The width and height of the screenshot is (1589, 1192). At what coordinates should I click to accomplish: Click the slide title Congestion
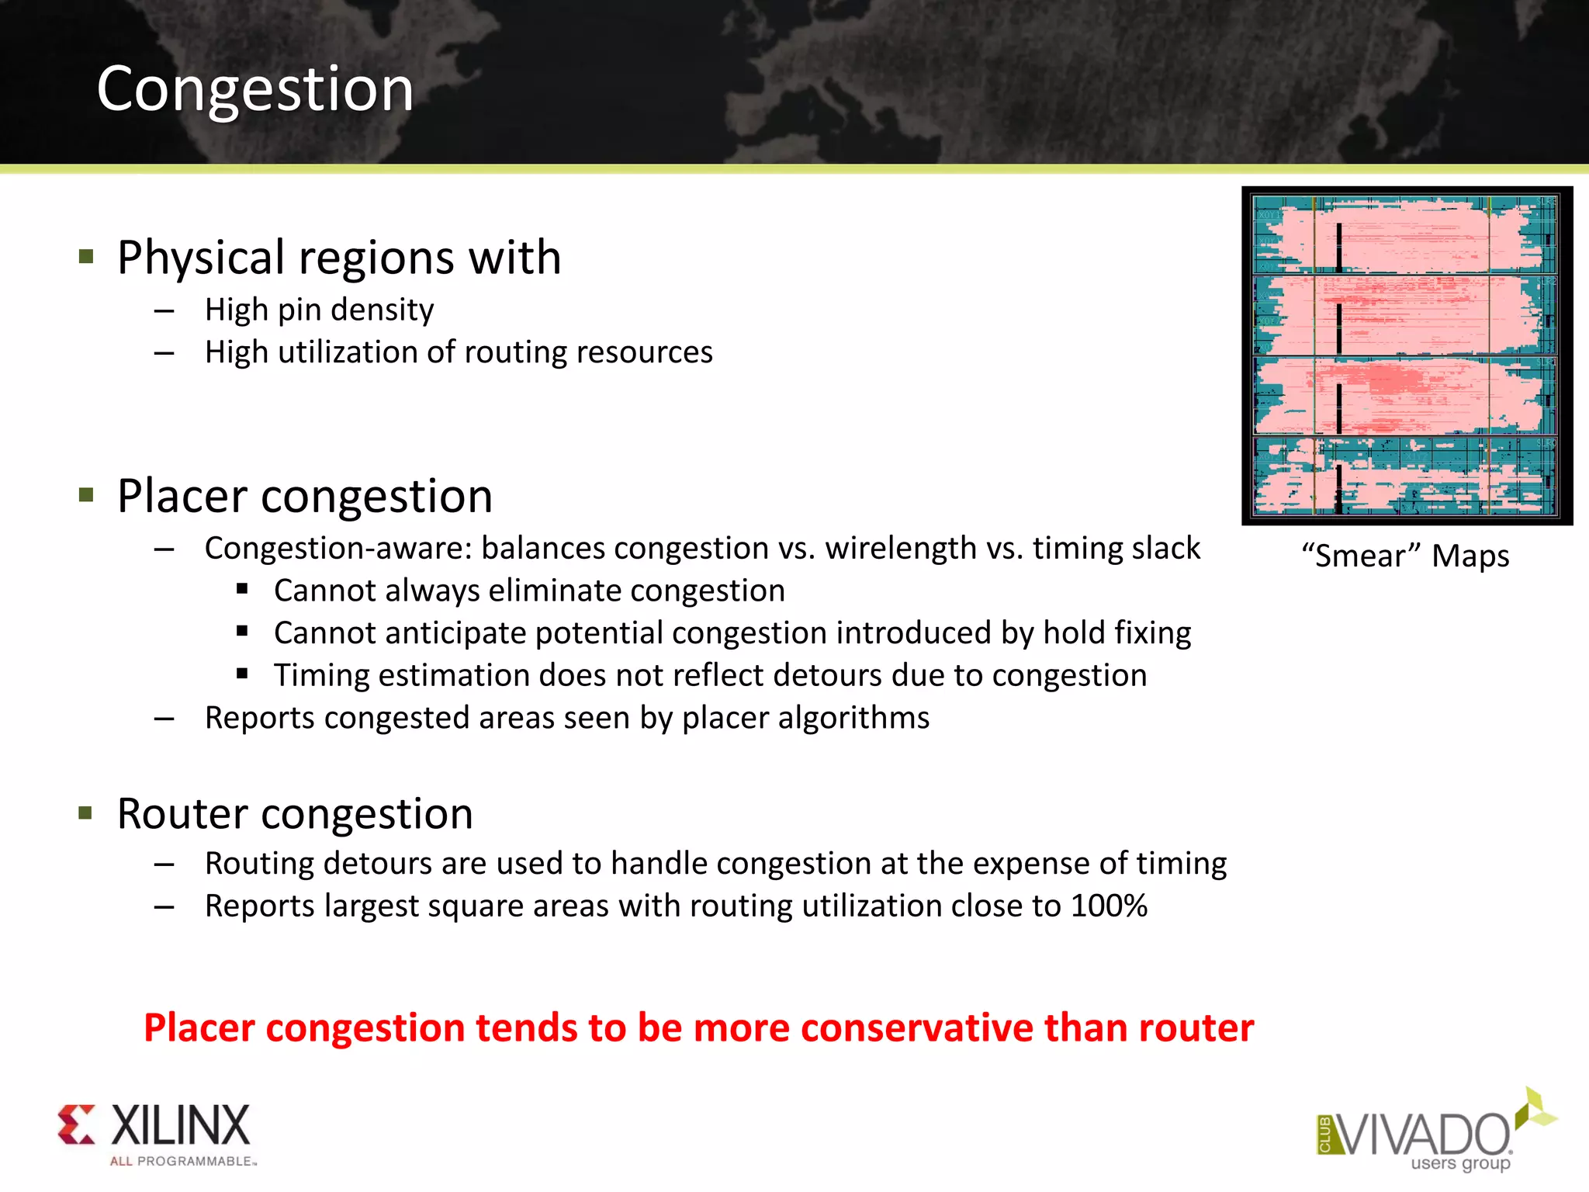pos(254,89)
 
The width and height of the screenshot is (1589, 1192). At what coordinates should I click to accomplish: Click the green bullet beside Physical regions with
pos(86,256)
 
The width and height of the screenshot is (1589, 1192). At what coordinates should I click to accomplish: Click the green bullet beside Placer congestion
pos(86,494)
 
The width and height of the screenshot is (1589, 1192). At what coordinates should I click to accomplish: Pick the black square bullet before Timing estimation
pos(242,674)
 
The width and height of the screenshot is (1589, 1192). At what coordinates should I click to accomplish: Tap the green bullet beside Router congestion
pos(86,813)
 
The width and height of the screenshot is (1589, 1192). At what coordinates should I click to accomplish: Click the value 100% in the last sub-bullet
pos(1110,906)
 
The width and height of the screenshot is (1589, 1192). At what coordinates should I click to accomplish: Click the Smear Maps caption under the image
pos(1406,556)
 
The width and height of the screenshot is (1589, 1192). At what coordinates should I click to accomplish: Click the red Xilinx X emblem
pos(77,1124)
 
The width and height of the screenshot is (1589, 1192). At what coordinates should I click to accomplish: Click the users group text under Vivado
pos(1460,1163)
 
